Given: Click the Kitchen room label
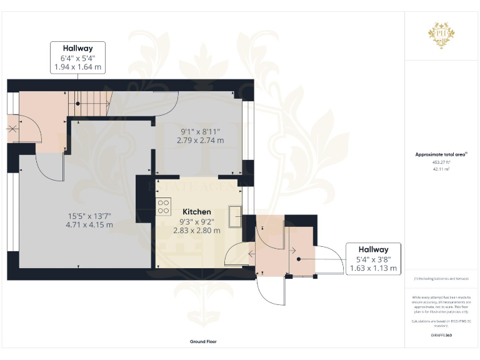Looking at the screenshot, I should [196, 212].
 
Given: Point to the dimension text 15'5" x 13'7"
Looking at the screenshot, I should [90, 216].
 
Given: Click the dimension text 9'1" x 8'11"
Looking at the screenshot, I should [201, 132].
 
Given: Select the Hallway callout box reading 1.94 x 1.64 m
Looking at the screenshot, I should [77, 57].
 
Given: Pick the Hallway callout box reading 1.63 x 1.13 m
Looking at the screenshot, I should [373, 259].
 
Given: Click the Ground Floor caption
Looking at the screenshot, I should [203, 342].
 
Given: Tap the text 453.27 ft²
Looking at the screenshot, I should [441, 162].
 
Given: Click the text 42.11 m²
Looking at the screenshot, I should [441, 169].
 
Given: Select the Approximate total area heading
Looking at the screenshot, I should [441, 154].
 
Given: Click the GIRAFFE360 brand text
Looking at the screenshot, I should [441, 336].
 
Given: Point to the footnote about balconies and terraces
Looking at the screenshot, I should [441, 279].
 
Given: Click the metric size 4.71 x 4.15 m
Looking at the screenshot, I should [90, 225].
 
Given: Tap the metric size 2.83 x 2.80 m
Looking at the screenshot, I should [196, 230].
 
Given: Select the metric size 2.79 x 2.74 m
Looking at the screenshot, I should [201, 141].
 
